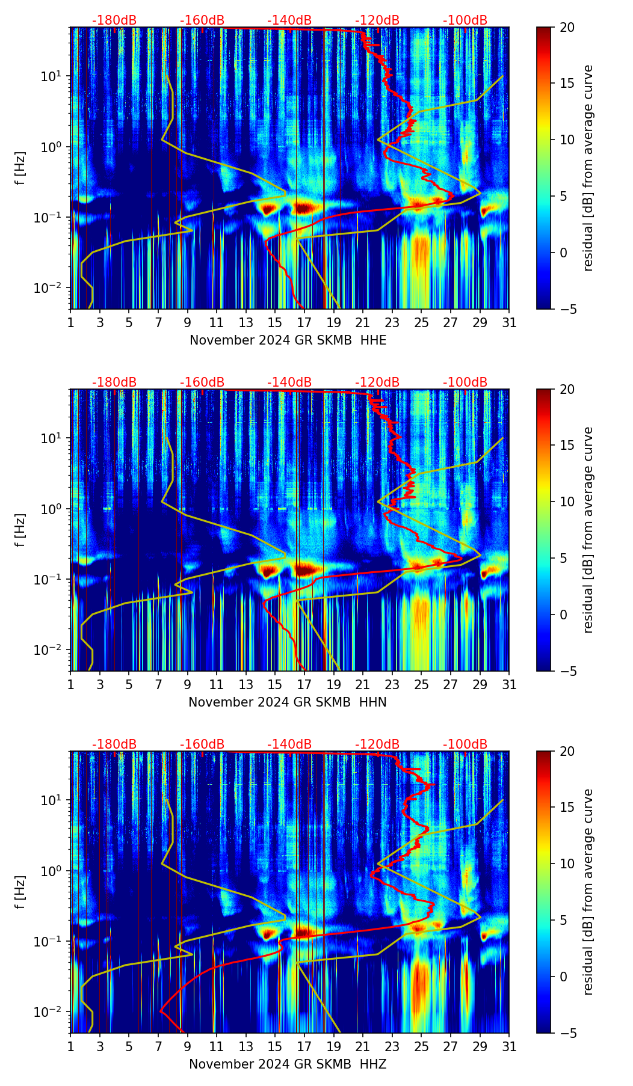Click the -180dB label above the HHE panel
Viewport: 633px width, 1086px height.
[114, 20]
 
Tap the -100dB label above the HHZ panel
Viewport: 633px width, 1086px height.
[465, 744]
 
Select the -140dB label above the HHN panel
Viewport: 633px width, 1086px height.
[289, 382]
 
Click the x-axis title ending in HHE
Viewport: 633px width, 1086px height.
[288, 340]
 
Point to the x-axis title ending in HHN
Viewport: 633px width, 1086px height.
[288, 702]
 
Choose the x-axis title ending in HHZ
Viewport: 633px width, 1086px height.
[288, 1064]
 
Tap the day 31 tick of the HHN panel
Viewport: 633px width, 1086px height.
[509, 684]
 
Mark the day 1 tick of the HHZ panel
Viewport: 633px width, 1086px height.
[71, 1046]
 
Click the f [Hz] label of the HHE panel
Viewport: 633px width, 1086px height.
[20, 168]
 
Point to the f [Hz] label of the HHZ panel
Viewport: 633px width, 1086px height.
[20, 892]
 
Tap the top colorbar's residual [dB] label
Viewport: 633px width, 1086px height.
[588, 168]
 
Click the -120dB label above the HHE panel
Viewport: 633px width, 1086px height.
[377, 20]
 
